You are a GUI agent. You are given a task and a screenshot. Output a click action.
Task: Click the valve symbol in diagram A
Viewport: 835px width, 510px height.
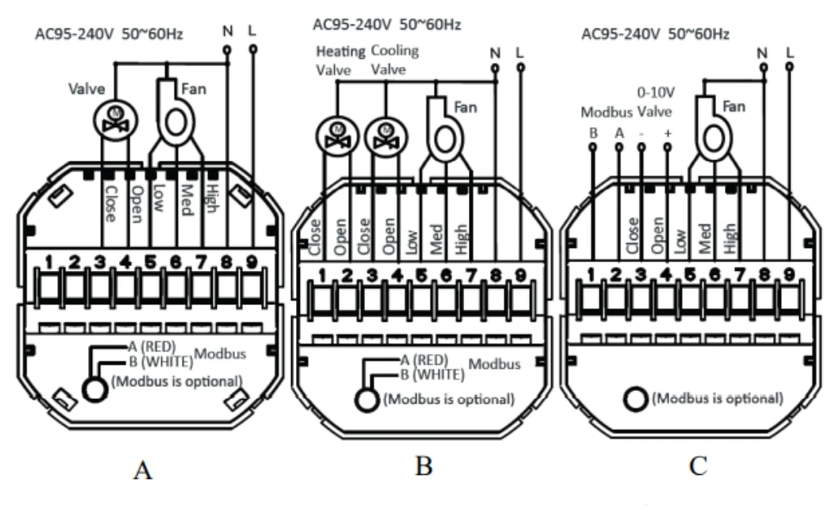tap(116, 120)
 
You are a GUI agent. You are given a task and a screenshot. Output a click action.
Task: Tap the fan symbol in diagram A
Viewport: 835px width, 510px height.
tap(175, 113)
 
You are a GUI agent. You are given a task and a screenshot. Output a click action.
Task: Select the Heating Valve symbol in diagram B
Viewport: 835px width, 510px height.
tap(337, 136)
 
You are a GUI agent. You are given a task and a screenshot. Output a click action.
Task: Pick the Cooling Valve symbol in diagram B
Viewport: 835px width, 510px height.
tap(386, 136)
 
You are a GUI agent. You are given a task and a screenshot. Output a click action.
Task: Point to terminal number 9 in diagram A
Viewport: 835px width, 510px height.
tap(251, 262)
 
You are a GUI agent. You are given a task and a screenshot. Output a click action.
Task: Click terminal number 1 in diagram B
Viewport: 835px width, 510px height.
tap(322, 276)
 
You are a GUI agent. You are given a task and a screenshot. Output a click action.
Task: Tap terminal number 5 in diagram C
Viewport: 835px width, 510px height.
tap(690, 274)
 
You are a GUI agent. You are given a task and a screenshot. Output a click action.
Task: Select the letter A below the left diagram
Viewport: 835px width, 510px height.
tap(143, 471)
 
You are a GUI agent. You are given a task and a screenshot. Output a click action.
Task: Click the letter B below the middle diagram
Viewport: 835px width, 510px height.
tap(423, 466)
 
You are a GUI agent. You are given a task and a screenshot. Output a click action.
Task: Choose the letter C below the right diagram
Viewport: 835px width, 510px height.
tap(698, 466)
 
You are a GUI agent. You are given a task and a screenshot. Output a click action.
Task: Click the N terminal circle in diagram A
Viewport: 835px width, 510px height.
tap(228, 51)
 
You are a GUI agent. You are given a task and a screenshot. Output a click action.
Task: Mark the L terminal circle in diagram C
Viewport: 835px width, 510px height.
tap(789, 67)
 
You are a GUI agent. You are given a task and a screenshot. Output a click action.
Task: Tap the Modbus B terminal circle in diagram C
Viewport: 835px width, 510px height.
tap(593, 147)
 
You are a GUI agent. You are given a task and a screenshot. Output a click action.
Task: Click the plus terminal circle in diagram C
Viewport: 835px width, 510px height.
tap(667, 147)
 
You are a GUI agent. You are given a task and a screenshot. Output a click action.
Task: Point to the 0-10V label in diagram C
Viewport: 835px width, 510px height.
tap(656, 93)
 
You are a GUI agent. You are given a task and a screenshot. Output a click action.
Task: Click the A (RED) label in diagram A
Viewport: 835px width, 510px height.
tap(152, 347)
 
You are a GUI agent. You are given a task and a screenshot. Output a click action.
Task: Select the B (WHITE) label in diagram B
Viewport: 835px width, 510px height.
tap(432, 375)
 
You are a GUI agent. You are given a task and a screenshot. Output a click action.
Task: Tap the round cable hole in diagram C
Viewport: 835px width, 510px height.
tap(635, 399)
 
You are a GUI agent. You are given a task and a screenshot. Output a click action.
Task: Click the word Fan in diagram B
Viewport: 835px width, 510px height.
tap(466, 107)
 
